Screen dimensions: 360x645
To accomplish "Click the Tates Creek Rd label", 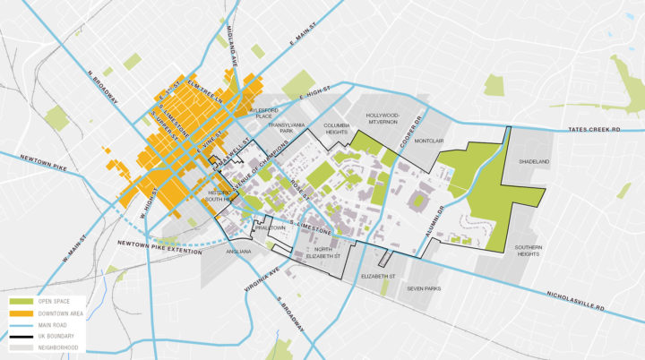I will (x=604, y=131).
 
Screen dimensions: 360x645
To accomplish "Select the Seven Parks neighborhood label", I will (x=425, y=288).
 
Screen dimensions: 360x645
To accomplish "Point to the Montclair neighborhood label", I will (x=430, y=140).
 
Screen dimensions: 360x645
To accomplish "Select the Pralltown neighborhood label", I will (x=269, y=228).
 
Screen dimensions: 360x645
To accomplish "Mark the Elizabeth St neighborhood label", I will (x=379, y=278).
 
